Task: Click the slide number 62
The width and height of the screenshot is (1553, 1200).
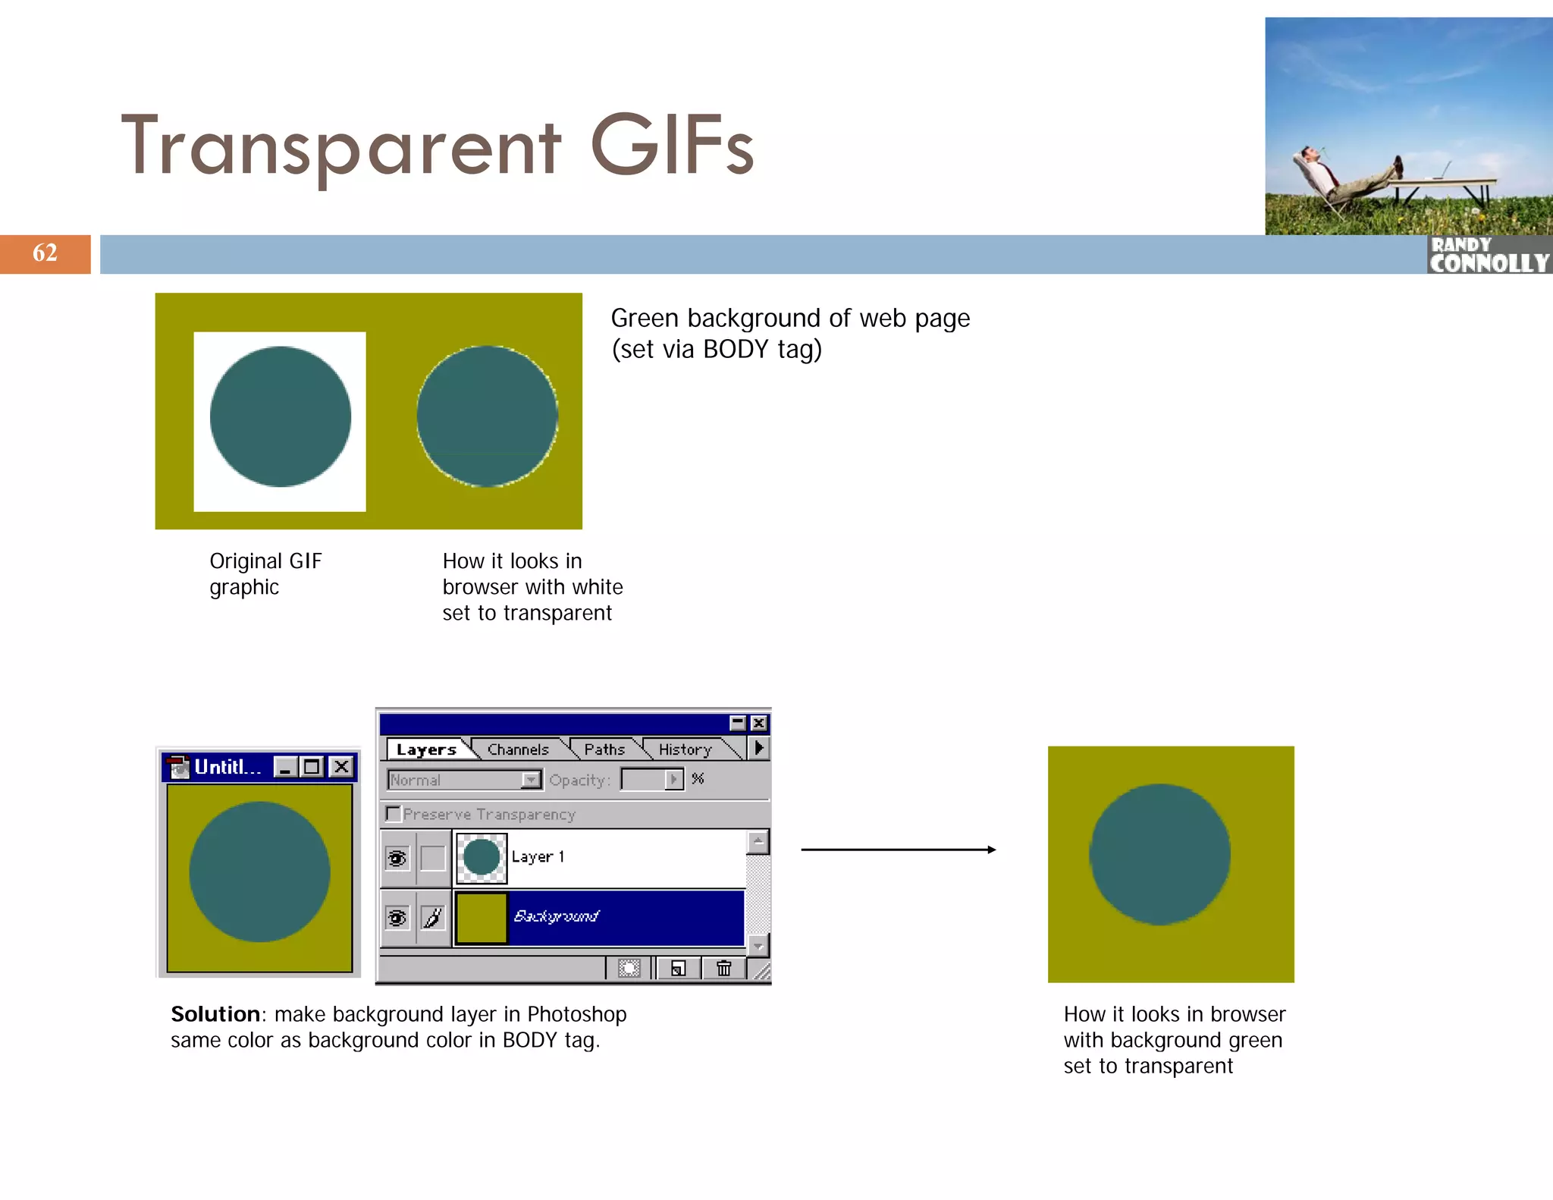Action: (x=45, y=253)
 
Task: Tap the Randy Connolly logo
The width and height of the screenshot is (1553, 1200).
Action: (x=1489, y=255)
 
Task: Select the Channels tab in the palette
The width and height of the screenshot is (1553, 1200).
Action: (x=518, y=749)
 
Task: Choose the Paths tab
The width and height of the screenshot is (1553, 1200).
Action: (x=604, y=749)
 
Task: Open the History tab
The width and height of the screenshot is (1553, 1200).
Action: (x=685, y=749)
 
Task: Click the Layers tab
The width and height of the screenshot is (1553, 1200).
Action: (x=426, y=749)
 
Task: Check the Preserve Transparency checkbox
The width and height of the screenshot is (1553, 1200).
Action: (x=393, y=814)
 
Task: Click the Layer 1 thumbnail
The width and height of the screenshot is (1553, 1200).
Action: (x=482, y=858)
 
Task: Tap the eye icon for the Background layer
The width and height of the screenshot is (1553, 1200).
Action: (x=397, y=918)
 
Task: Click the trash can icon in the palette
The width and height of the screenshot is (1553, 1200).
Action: (x=723, y=968)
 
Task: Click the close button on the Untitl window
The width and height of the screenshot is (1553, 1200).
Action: (x=342, y=767)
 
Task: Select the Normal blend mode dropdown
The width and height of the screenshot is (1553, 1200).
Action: (x=463, y=780)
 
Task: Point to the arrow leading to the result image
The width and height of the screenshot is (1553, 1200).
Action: (x=898, y=850)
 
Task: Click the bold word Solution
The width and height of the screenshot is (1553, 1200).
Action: (x=215, y=1014)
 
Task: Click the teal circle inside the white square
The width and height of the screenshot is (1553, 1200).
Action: (x=280, y=416)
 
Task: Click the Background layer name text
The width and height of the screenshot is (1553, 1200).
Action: (x=556, y=916)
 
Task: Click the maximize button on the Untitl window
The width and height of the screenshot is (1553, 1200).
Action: (x=312, y=767)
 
